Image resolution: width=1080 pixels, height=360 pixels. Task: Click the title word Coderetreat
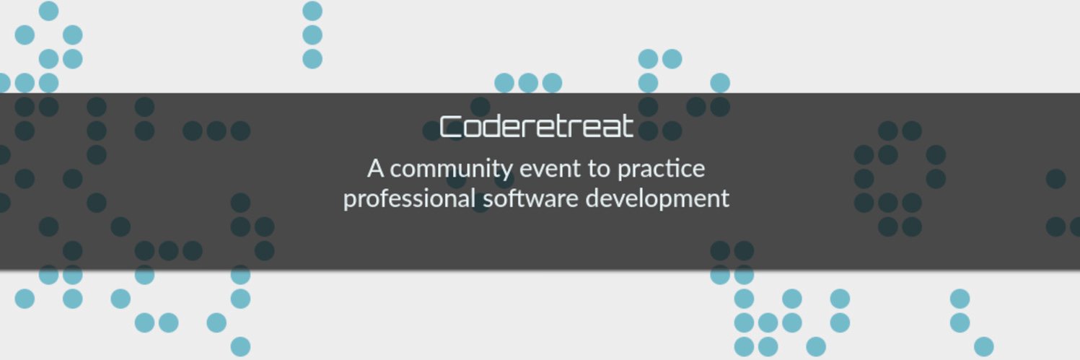(537, 127)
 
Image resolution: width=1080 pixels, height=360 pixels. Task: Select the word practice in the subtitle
(661, 170)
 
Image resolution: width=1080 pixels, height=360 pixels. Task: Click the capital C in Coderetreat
(449, 128)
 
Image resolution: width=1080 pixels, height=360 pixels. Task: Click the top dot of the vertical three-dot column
(312, 11)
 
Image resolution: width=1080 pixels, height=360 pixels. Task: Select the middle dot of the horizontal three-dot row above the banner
(528, 83)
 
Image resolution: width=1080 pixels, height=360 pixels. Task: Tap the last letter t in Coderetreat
(628, 127)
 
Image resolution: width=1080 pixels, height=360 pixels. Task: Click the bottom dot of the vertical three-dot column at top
(312, 58)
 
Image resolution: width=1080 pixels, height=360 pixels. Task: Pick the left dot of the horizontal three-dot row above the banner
(504, 83)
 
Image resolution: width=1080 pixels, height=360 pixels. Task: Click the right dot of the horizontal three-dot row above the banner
(552, 83)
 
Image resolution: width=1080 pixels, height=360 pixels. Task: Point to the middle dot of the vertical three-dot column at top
(312, 35)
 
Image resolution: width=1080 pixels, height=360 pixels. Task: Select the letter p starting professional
(349, 201)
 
